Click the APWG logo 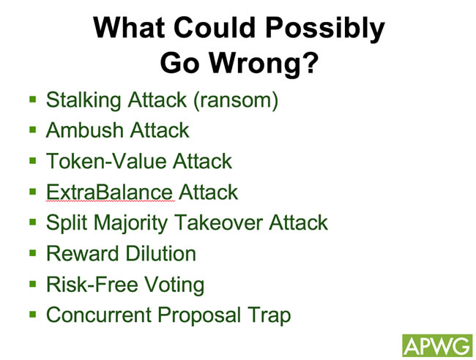pos(437,345)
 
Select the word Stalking pos(83,100)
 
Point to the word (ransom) pos(236,101)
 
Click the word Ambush pos(84,130)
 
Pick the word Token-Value pos(106,161)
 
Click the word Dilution pos(160,253)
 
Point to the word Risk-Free pos(92,284)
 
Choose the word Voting pos(174,285)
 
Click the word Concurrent pos(99,315)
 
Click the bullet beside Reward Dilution pos(33,253)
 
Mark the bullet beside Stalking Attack pos(33,100)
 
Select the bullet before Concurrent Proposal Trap pos(33,314)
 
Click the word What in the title pos(130,27)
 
